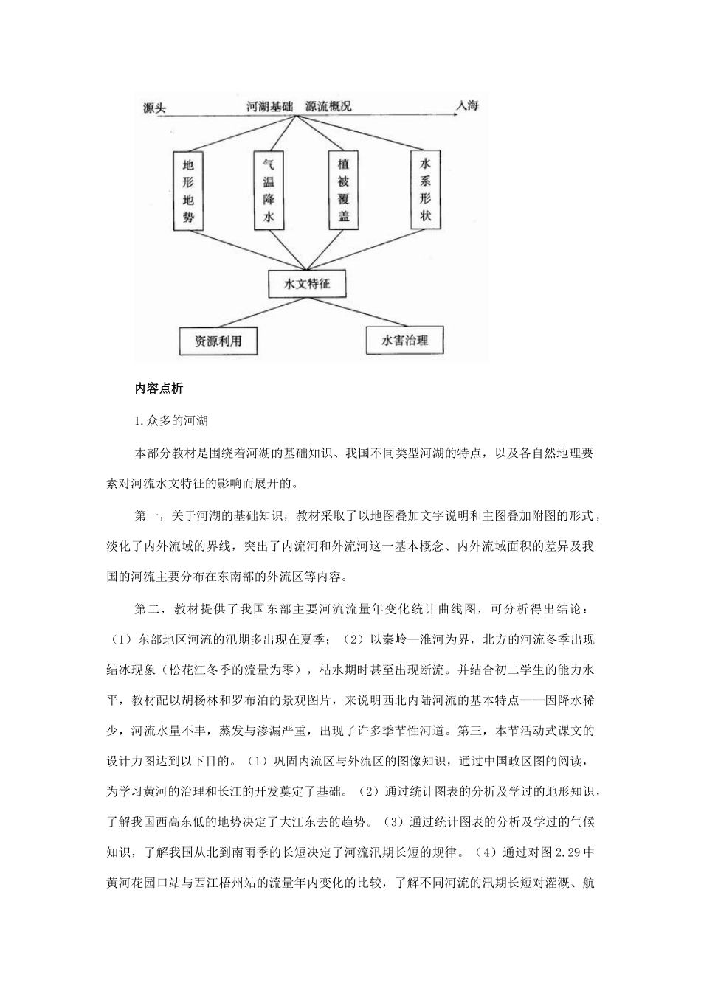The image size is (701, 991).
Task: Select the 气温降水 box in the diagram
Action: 268,190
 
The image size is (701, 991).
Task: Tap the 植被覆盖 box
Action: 343,190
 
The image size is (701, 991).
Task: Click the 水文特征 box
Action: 306,283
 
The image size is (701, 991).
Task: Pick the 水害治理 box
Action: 404,341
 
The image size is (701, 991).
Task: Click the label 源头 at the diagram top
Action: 154,108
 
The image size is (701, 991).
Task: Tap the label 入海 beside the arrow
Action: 467,106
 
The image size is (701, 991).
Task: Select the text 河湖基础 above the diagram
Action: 270,106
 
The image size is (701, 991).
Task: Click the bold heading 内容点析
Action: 159,389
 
